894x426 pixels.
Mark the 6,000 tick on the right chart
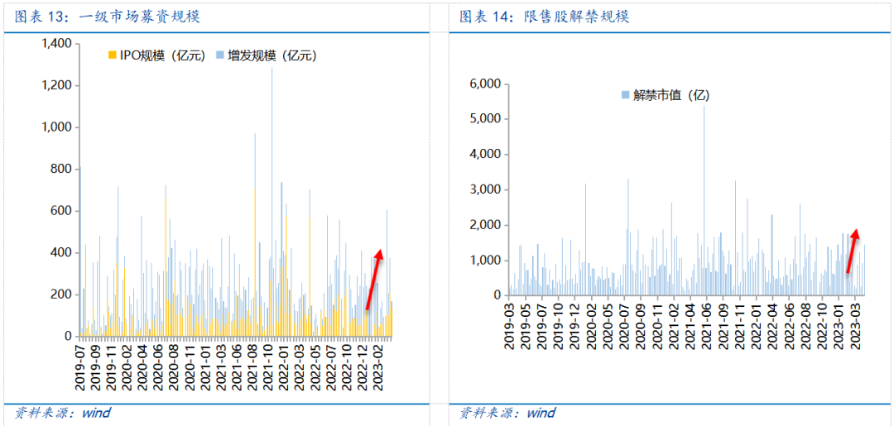(484, 84)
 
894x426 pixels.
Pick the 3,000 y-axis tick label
(484, 189)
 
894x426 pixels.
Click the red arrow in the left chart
(374, 279)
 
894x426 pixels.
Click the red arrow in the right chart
(852, 251)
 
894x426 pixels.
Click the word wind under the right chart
(541, 413)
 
